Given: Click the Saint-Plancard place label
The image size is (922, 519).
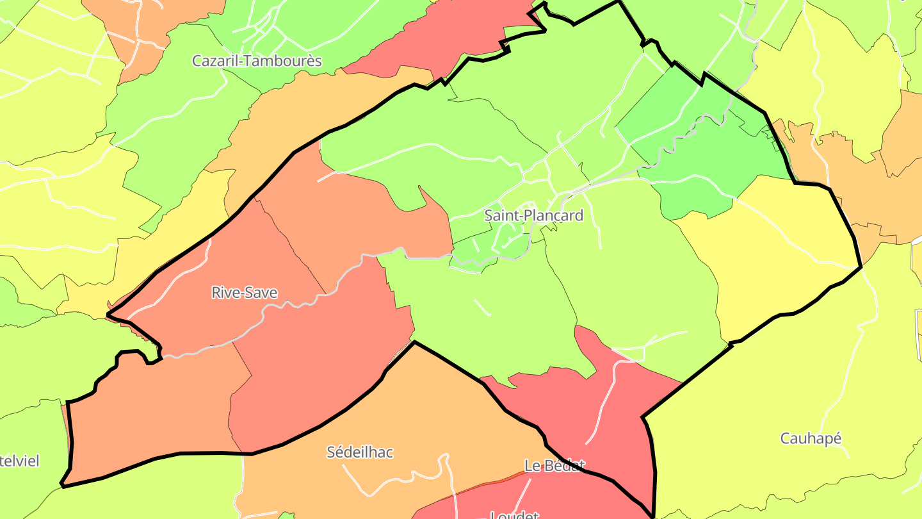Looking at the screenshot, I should [x=533, y=215].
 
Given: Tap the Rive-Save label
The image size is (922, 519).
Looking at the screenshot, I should [x=244, y=293].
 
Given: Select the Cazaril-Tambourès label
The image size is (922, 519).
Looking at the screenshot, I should [x=257, y=61].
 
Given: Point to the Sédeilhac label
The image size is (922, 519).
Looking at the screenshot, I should [x=360, y=452].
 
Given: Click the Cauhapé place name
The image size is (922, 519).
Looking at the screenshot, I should [x=810, y=439].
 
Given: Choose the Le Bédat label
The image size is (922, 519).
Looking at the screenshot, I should [x=554, y=465].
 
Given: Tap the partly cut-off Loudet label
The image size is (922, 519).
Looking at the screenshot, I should [x=514, y=514].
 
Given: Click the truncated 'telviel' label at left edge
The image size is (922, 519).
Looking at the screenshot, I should [x=19, y=461].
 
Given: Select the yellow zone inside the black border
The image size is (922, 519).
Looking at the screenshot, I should [x=781, y=256].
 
